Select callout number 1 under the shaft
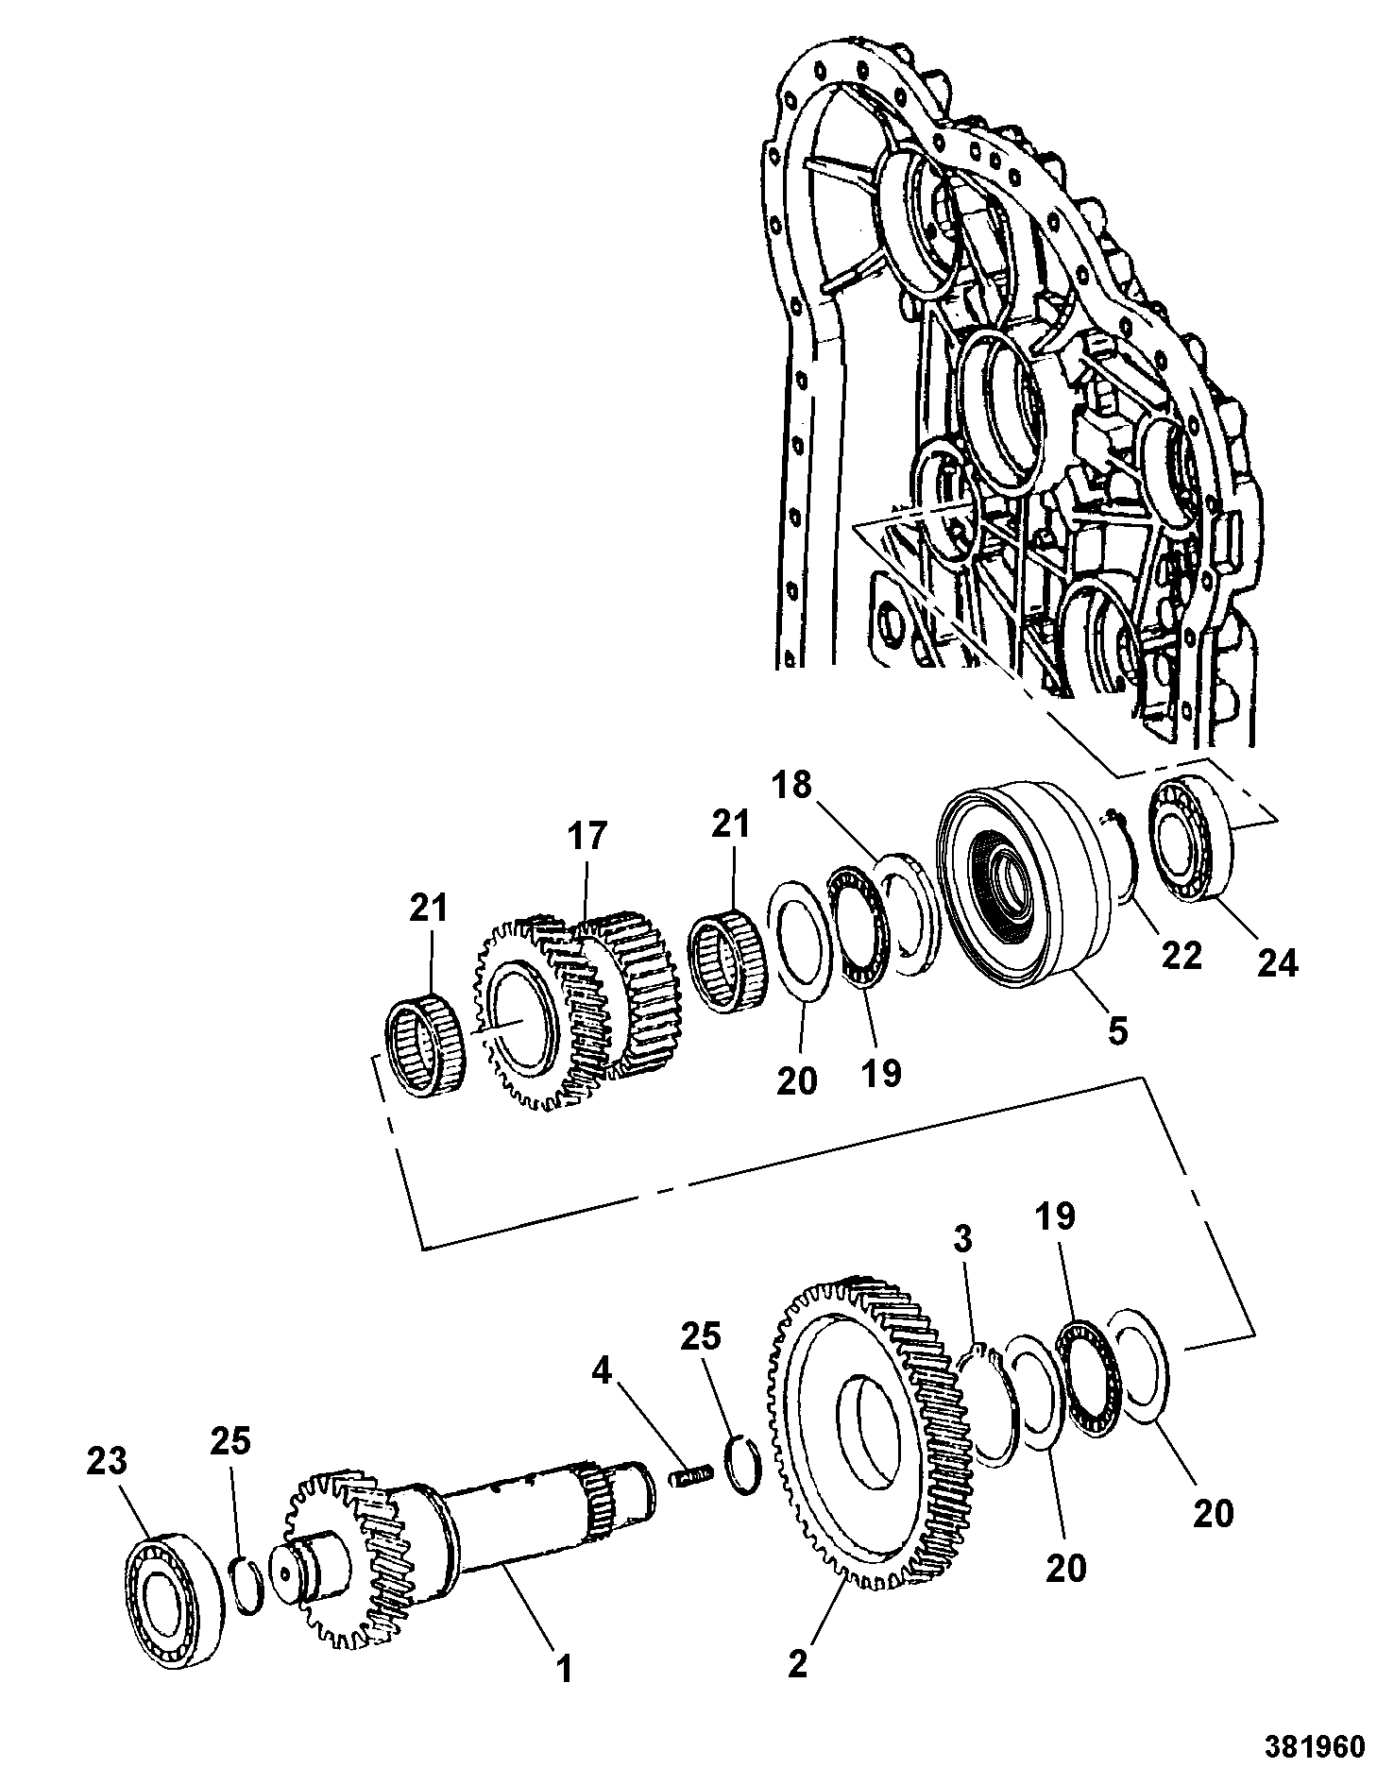pyautogui.click(x=564, y=1671)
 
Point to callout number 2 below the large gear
pyautogui.click(x=798, y=1662)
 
